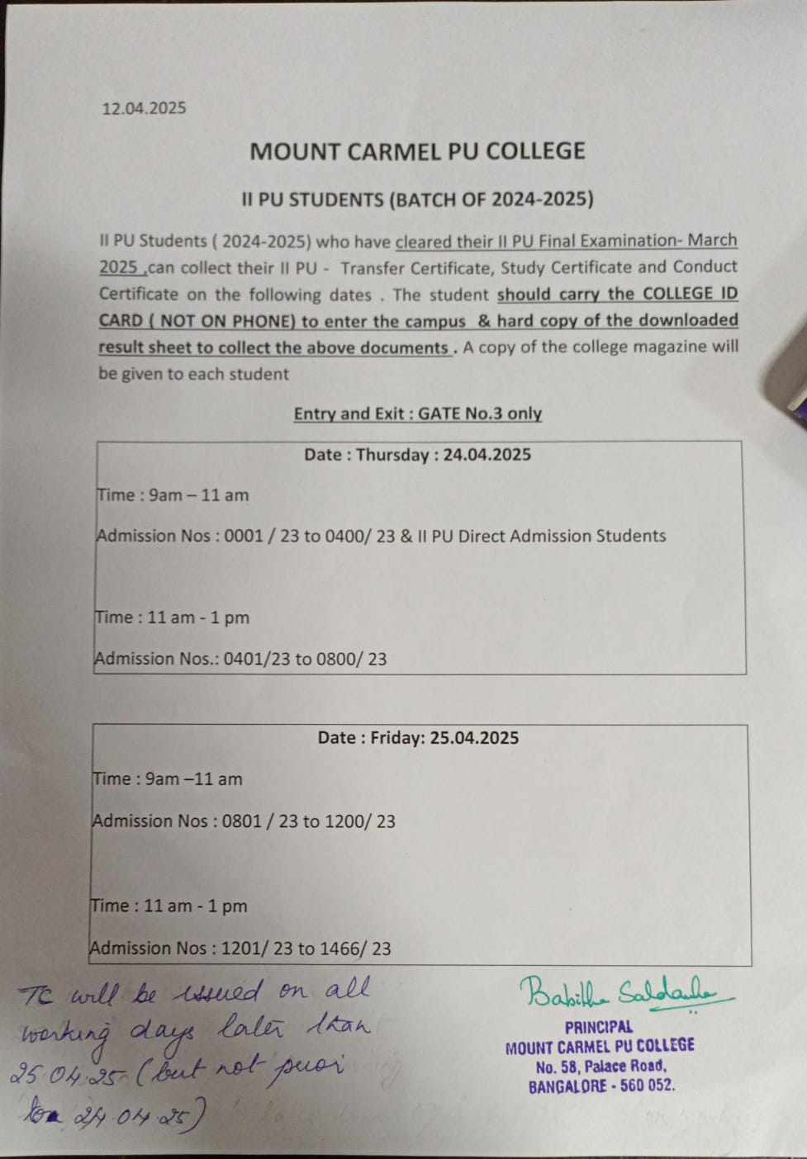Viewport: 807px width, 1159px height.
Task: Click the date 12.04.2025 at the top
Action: tap(144, 108)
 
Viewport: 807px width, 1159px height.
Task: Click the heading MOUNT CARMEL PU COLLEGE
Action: tap(417, 151)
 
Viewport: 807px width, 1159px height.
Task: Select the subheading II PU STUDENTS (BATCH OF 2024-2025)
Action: tap(417, 199)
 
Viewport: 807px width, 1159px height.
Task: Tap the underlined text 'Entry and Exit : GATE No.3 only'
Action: tap(417, 414)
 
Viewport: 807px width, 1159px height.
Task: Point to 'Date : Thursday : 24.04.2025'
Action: tap(417, 454)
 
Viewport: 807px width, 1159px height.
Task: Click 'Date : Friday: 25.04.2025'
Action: tap(418, 738)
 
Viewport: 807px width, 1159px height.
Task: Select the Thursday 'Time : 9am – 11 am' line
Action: tap(173, 495)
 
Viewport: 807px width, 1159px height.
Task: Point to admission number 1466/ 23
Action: tap(359, 948)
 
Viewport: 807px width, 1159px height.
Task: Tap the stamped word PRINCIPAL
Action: tap(599, 1028)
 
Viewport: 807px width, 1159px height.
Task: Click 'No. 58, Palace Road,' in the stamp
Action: tap(601, 1067)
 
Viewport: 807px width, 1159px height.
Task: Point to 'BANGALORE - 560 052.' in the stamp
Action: tap(601, 1086)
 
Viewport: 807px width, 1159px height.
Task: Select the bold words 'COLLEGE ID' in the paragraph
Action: tap(690, 294)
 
